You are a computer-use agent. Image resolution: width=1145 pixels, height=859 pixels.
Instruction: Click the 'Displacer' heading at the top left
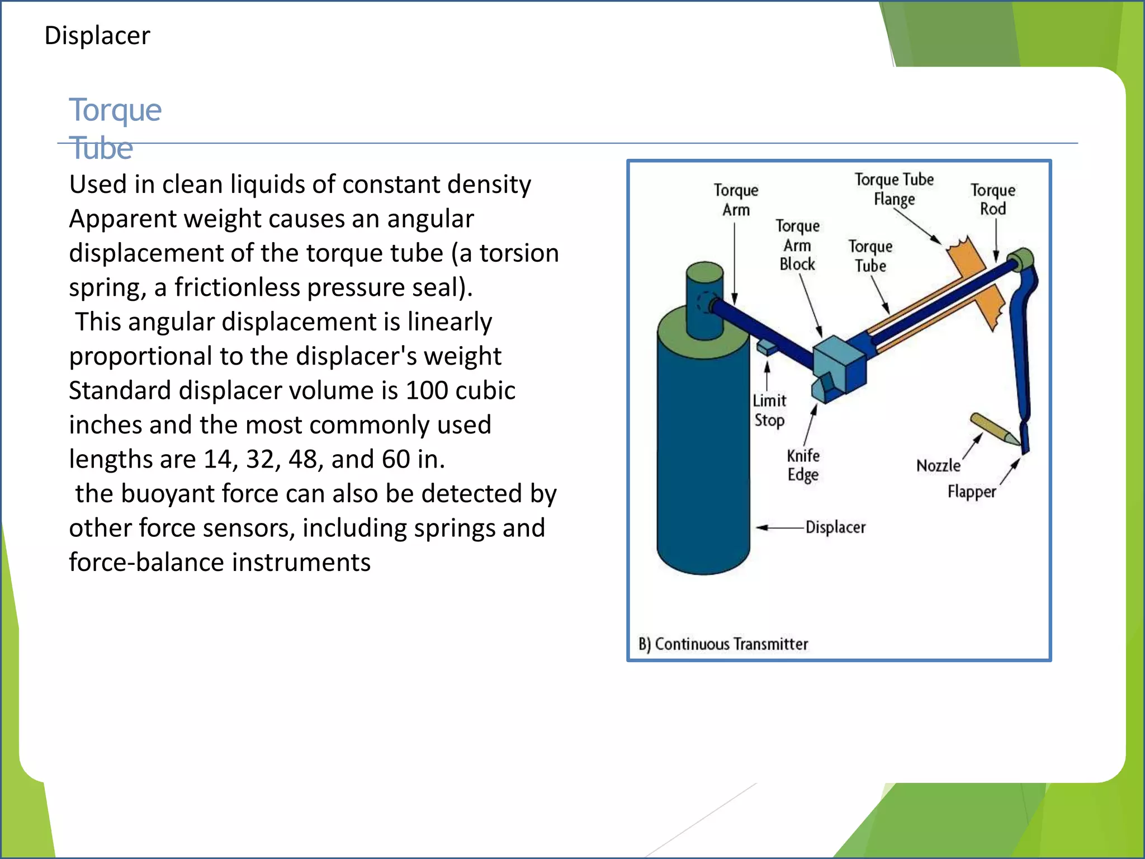(x=97, y=36)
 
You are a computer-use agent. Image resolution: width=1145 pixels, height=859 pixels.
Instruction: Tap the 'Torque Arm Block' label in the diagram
(x=797, y=246)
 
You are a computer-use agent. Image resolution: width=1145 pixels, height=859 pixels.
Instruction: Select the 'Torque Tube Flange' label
(x=894, y=190)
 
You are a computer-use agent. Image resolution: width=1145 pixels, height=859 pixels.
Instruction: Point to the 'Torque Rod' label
(x=993, y=200)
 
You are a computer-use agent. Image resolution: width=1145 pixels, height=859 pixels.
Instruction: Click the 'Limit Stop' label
(x=769, y=410)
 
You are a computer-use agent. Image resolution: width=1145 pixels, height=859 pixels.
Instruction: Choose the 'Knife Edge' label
(x=803, y=465)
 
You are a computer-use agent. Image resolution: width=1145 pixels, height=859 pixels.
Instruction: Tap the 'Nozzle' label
(x=938, y=466)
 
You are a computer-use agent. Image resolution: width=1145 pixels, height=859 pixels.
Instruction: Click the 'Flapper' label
(x=972, y=492)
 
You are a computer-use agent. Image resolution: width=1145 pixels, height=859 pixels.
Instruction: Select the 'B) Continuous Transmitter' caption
(x=723, y=644)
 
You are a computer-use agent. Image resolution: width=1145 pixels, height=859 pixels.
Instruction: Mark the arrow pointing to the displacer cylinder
(x=780, y=527)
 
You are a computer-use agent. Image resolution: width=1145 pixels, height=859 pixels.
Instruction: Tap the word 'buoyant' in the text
(x=176, y=494)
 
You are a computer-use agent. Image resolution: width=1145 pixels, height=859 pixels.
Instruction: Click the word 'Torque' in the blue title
(x=115, y=110)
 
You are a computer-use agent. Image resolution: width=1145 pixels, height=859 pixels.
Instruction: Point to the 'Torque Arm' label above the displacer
(x=736, y=200)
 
